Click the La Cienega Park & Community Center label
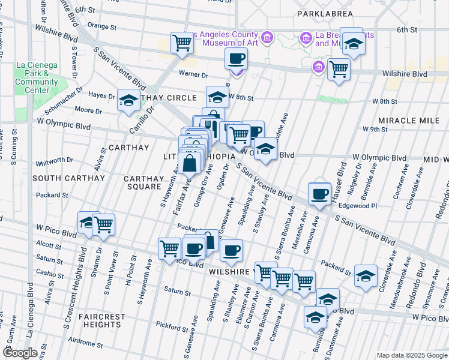(37, 77)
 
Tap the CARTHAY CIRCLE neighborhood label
(169, 98)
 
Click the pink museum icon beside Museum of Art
(268, 38)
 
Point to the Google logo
(21, 353)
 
